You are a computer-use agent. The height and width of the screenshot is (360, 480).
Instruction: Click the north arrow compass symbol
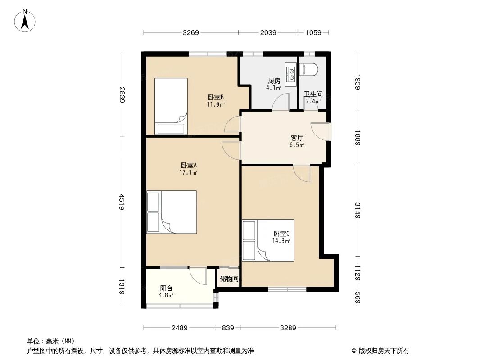(x=26, y=20)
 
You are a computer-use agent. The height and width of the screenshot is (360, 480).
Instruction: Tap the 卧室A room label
(x=189, y=165)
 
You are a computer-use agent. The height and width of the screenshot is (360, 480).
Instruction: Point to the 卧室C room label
(x=281, y=234)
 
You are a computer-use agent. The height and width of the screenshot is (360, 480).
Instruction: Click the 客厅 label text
(x=297, y=138)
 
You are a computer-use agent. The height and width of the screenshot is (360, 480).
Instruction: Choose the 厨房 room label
(x=274, y=81)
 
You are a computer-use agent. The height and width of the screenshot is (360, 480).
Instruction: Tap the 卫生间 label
(x=313, y=94)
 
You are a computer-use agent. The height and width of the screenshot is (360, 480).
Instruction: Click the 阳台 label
(x=166, y=288)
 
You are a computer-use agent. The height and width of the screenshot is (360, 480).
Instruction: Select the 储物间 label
(x=229, y=279)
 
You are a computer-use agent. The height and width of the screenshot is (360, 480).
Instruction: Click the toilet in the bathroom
(x=309, y=69)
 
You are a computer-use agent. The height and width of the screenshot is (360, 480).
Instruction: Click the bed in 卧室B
(x=171, y=106)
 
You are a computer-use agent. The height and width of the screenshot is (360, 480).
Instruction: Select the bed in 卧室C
(x=268, y=240)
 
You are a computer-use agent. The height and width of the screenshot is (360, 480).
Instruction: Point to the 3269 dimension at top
(x=191, y=32)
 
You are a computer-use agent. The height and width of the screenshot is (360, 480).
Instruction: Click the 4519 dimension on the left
(x=122, y=202)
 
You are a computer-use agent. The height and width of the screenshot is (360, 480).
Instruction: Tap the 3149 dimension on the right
(x=358, y=210)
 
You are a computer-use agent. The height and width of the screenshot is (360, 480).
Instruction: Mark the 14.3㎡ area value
(x=281, y=241)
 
